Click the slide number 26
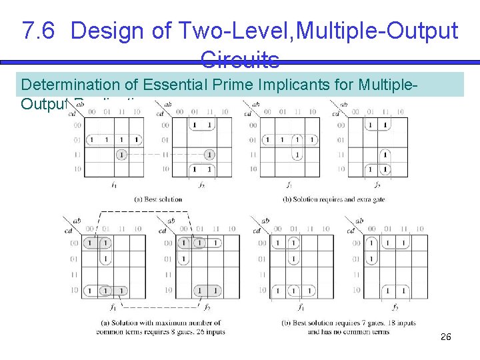(446, 337)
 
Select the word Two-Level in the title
(213, 31)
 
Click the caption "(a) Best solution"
(158, 199)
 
